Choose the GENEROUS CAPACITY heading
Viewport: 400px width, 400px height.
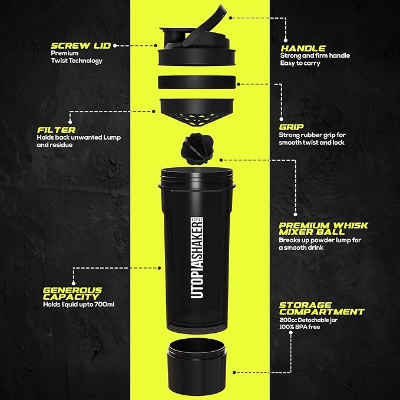(72, 293)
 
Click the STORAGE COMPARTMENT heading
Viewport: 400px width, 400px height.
(322, 308)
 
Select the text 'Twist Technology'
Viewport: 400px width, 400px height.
(77, 61)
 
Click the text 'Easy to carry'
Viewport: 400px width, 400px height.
(300, 63)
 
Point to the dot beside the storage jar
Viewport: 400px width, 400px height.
(234, 372)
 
